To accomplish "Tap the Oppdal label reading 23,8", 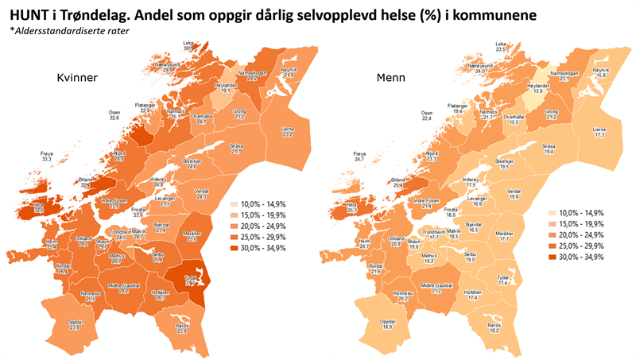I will click(75, 324).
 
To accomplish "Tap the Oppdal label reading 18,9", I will click(387, 324).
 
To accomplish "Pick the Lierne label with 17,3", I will click(599, 132).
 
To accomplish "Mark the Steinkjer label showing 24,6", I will click(191, 165).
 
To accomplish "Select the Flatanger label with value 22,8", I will click(145, 107).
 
